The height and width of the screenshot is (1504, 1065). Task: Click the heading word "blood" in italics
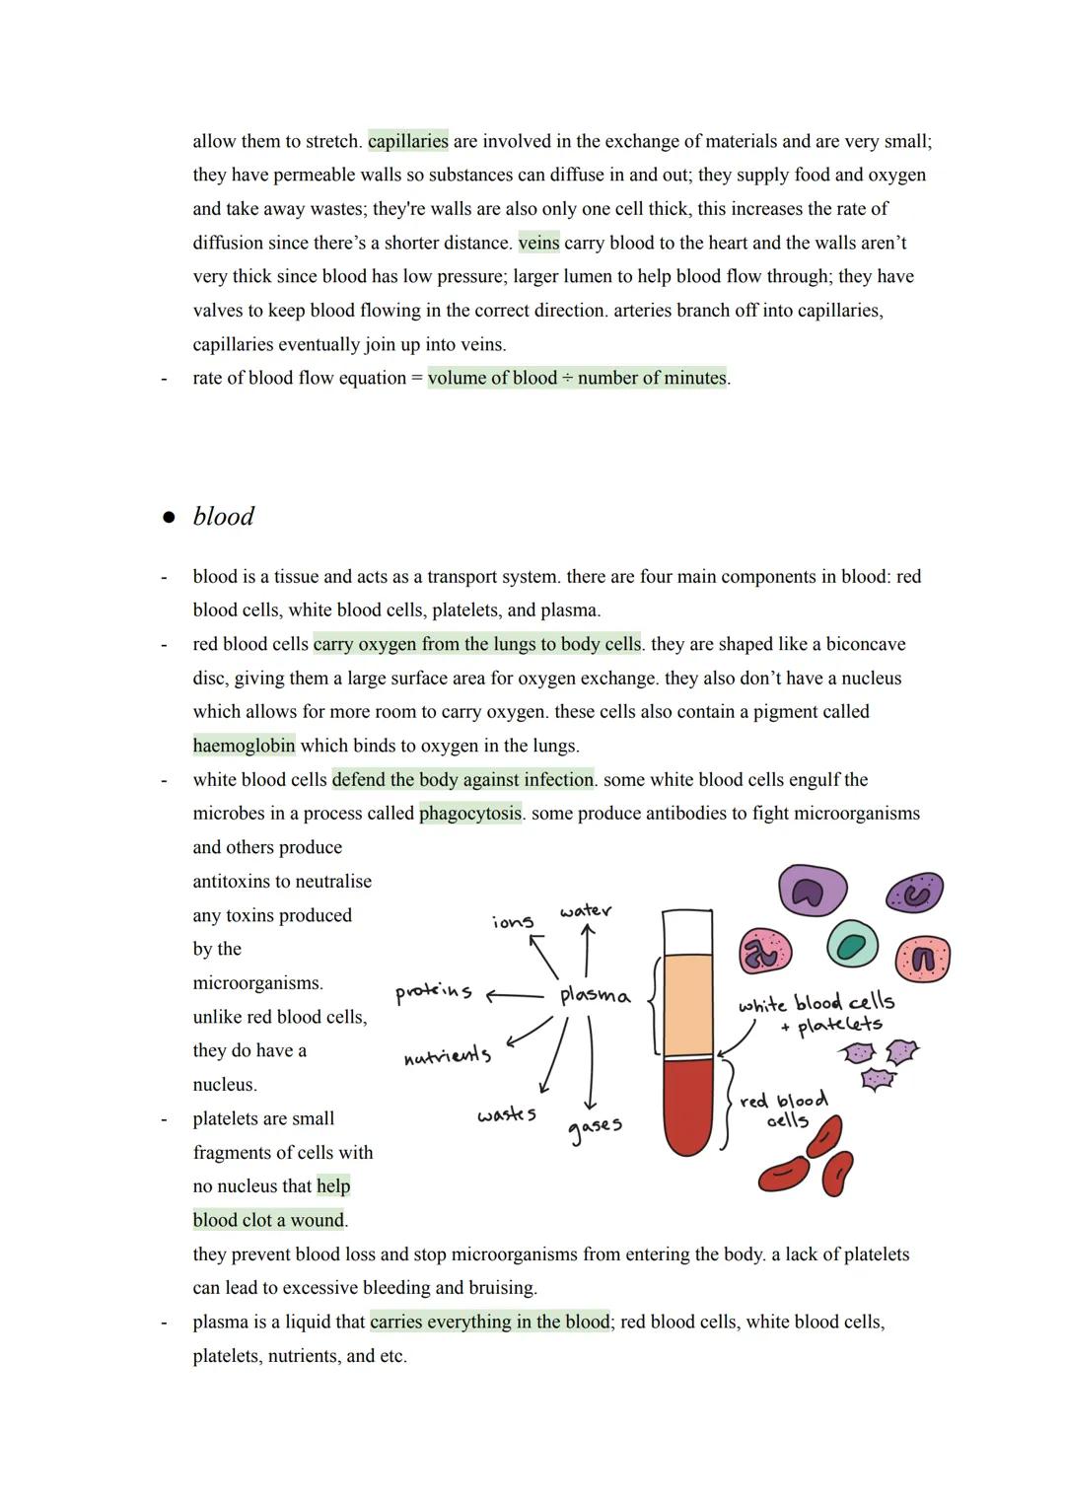[224, 516]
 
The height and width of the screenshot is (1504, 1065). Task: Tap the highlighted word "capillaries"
[407, 141]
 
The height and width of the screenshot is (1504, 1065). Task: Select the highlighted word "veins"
[538, 243]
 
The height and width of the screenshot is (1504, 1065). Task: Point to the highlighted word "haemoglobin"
[244, 746]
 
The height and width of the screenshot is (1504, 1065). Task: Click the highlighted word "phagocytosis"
[470, 814]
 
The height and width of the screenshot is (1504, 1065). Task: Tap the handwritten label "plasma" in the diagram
[595, 995]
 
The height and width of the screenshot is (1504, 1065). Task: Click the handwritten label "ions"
[513, 921]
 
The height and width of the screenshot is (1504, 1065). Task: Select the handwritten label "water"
[586, 910]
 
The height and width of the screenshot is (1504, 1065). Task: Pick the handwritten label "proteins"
[433, 992]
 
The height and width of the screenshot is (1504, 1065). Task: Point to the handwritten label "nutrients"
[448, 1056]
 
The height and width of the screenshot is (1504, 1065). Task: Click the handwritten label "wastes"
[507, 1114]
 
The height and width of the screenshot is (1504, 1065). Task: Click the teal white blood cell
[851, 944]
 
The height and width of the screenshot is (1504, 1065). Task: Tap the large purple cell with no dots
[812, 891]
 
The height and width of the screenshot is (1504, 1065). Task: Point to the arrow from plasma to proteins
[515, 995]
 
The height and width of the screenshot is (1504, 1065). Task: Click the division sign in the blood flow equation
[567, 378]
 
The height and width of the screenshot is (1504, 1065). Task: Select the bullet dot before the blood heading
[169, 517]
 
